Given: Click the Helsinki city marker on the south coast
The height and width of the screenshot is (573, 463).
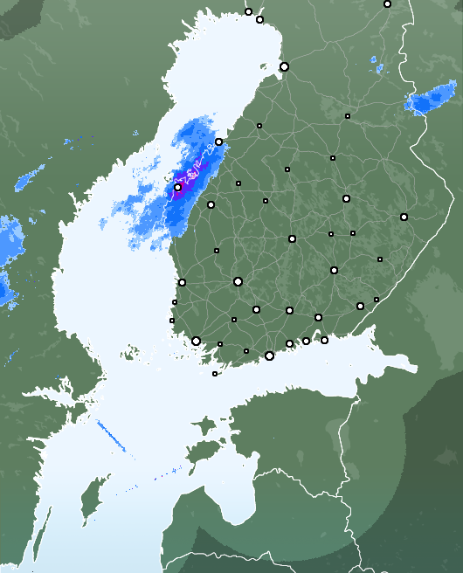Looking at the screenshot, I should coord(269,356).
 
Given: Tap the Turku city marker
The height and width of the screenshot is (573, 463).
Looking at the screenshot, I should coord(196,341).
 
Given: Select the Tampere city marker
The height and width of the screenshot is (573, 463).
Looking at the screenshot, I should coord(238,281).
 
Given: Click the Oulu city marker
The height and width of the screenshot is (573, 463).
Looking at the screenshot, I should coord(284,66).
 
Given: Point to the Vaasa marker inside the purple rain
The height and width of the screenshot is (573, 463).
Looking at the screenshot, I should coord(177,187).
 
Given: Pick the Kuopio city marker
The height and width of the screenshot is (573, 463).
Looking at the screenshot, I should coord(346,198).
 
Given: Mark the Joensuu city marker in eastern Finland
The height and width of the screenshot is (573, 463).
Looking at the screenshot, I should coord(404,217).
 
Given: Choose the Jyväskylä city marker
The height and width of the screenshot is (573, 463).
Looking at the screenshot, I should coord(292,238).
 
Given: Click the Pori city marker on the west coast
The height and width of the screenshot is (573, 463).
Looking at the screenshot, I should coord(182,282).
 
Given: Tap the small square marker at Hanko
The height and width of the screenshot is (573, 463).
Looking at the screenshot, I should coord(215,374).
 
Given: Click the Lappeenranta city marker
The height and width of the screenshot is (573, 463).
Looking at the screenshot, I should coord(360,306).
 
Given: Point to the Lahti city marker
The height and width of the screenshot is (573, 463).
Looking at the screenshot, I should coord(289,309).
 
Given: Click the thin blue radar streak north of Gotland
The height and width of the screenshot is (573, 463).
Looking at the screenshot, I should coord(111,436).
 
